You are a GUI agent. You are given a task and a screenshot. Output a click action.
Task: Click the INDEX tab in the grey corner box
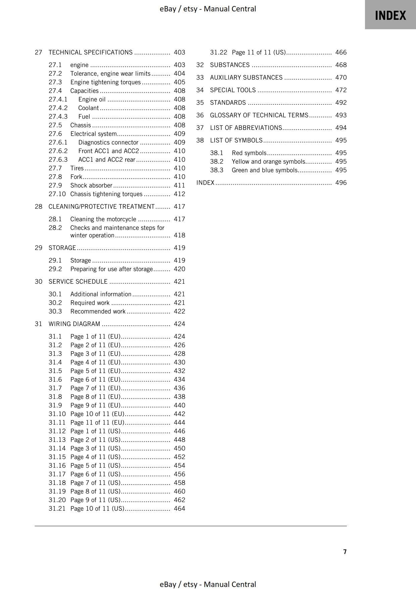pyautogui.click(x=390, y=15)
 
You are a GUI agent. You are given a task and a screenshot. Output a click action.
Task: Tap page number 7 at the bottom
pyautogui.click(x=345, y=552)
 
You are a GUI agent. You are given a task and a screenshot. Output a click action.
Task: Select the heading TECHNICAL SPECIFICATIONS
pyautogui.click(x=90, y=52)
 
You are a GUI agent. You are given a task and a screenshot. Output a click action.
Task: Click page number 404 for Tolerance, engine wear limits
pyautogui.click(x=179, y=74)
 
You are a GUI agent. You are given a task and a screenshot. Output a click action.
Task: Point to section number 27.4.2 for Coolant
pyautogui.click(x=58, y=108)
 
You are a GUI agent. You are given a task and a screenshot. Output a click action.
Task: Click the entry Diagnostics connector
pyautogui.click(x=108, y=142)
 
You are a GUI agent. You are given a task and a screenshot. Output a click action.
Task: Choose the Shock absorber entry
pyautogui.click(x=91, y=185)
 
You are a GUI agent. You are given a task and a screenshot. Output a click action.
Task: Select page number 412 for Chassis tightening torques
pyautogui.click(x=179, y=194)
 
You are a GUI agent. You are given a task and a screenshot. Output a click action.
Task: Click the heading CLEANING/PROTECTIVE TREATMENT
pyautogui.click(x=101, y=207)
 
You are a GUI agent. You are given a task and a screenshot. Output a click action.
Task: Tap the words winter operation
pyautogui.click(x=92, y=235)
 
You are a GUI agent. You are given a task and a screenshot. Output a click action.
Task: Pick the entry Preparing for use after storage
pyautogui.click(x=111, y=269)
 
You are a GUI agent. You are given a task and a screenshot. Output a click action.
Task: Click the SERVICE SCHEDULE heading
pyautogui.click(x=78, y=281)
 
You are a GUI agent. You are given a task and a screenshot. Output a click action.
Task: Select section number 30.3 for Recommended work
pyautogui.click(x=55, y=311)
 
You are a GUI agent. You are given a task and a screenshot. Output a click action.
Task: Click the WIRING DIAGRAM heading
pyautogui.click(x=74, y=324)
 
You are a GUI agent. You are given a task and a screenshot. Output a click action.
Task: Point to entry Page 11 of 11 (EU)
pyautogui.click(x=97, y=422)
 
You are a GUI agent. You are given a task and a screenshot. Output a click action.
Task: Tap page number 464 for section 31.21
pyautogui.click(x=179, y=508)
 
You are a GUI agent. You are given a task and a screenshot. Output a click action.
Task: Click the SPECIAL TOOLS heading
pyautogui.click(x=233, y=90)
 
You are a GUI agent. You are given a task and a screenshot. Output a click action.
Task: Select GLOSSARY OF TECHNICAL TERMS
pyautogui.click(x=259, y=115)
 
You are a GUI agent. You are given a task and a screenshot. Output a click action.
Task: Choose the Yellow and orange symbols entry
pyautogui.click(x=268, y=162)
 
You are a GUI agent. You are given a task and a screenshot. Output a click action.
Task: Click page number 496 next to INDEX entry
pyautogui.click(x=341, y=183)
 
